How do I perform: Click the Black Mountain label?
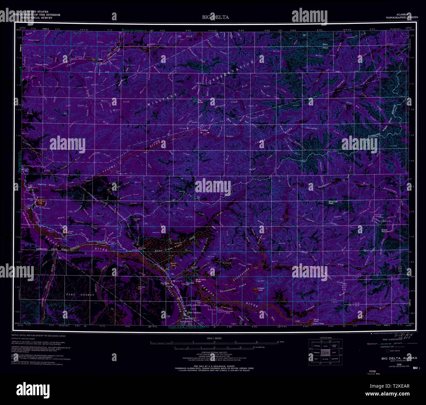(386, 231)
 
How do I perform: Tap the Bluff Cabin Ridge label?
(201, 280)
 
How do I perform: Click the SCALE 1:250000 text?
(212, 338)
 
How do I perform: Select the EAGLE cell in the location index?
(334, 353)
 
